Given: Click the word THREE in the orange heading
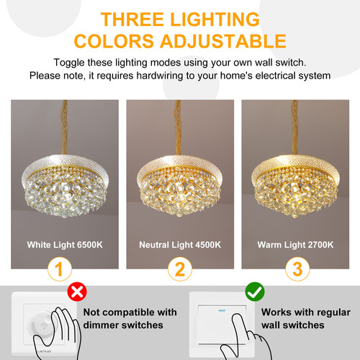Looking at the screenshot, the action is [x=132, y=19].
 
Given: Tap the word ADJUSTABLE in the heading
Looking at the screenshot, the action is [x=223, y=41].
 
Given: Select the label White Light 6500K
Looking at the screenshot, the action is [x=65, y=245].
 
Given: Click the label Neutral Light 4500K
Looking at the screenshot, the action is [x=180, y=245].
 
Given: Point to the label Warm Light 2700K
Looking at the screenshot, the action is [x=295, y=245].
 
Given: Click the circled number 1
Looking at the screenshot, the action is [x=60, y=269].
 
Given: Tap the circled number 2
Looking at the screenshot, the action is [x=180, y=269].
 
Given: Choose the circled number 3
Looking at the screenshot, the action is [x=297, y=269].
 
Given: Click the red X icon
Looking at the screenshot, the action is [x=77, y=292].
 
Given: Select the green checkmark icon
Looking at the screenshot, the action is [x=255, y=292].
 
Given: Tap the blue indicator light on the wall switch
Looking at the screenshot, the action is [x=221, y=310].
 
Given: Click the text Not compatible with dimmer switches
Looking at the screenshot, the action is [x=130, y=319].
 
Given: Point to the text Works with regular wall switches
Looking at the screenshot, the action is [x=306, y=319].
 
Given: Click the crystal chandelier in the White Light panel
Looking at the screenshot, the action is [x=65, y=186].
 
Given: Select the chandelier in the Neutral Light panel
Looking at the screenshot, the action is [x=180, y=186].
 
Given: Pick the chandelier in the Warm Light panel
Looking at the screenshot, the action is [x=295, y=186].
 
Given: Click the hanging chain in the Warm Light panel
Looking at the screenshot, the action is [x=294, y=127].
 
